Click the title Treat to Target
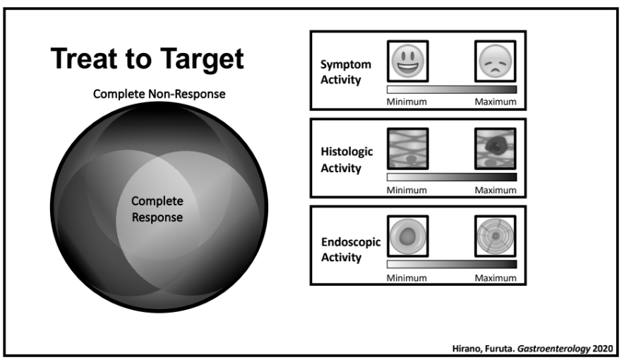click(147, 60)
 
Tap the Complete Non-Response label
click(159, 95)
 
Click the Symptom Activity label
click(341, 72)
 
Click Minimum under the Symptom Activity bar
click(407, 102)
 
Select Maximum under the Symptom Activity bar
click(496, 102)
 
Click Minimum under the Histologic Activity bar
click(407, 191)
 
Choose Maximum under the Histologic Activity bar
click(496, 191)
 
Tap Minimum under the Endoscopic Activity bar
click(407, 278)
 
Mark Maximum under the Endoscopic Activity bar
click(496, 278)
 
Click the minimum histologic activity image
click(407, 148)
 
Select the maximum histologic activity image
click(496, 148)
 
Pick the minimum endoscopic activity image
click(407, 236)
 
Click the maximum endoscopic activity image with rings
click(496, 236)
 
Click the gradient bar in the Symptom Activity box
click(452, 90)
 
